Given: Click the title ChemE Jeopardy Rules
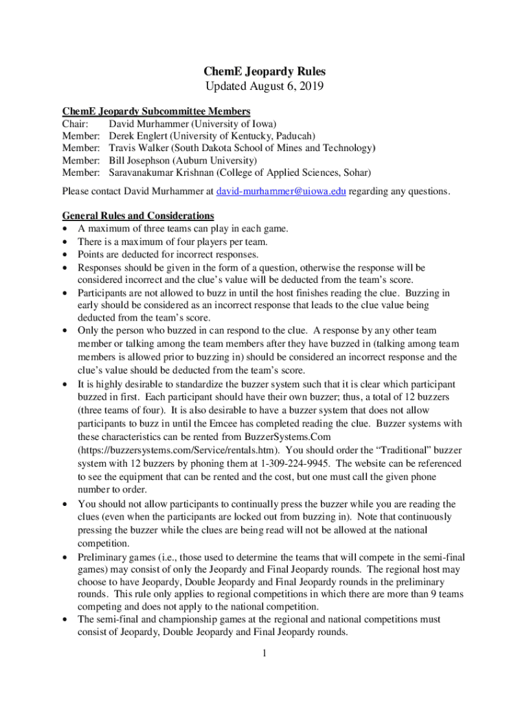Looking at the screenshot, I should point(264,71).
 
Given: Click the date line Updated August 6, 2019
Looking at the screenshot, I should point(264,87).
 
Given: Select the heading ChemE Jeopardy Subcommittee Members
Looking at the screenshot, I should point(156,111).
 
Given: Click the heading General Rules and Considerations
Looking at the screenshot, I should point(138,216).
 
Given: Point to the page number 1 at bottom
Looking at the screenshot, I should point(264,653).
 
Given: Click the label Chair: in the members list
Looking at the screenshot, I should point(75,124).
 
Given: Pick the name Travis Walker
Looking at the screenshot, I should point(140,148).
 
